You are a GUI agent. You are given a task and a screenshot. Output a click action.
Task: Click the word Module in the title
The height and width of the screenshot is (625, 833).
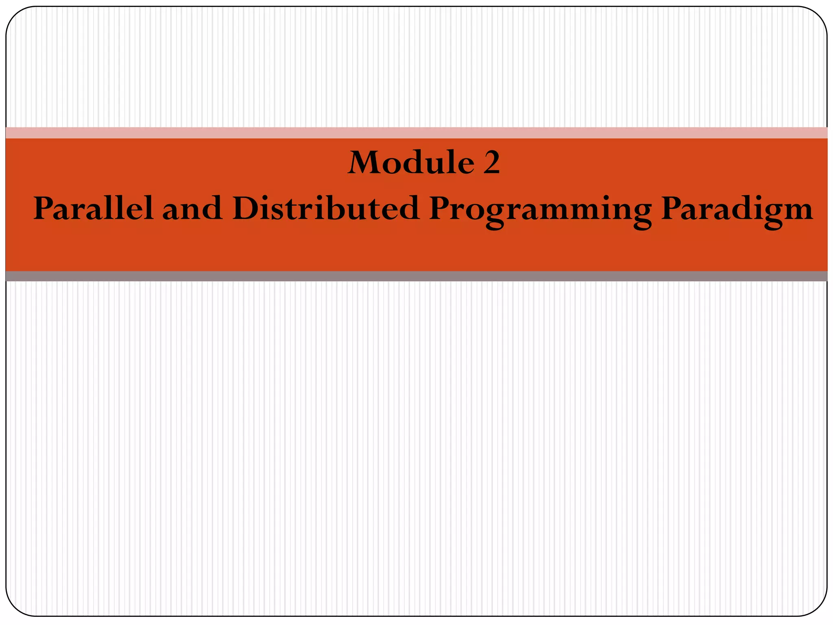point(411,162)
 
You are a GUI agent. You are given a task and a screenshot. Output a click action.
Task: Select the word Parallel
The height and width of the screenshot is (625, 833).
point(93,208)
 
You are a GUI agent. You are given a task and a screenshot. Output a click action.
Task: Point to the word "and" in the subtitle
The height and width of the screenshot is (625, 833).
point(192,208)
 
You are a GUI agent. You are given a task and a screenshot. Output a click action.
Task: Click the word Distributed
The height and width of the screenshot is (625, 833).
point(325,208)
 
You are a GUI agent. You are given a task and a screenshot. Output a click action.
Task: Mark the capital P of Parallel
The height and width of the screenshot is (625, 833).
point(46,208)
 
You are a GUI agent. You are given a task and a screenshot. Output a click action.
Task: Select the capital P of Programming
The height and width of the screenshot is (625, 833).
point(442,208)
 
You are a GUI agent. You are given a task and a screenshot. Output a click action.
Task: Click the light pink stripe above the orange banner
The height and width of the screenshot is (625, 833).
point(416,133)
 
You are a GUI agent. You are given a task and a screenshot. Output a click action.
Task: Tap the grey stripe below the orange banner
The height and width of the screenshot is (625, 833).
point(416,276)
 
